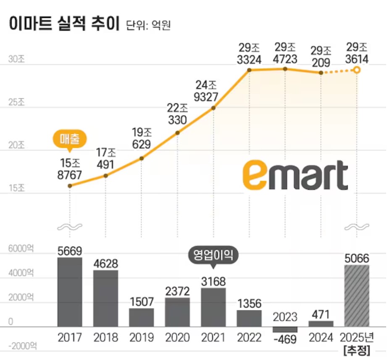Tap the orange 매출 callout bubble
pos(69,138)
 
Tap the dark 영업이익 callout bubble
pos(213,255)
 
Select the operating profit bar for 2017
pos(70,292)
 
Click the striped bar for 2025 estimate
pos(357,296)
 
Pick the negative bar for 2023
pos(285,329)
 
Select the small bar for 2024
pos(321,323)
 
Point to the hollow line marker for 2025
pos(357,70)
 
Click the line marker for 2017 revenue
pos(70,185)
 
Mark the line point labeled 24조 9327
pos(213,108)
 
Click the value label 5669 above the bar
pos(70,251)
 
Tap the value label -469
pos(285,339)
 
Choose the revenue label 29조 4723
pos(285,53)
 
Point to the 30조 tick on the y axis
pos(17,59)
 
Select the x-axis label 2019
pos(142,337)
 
